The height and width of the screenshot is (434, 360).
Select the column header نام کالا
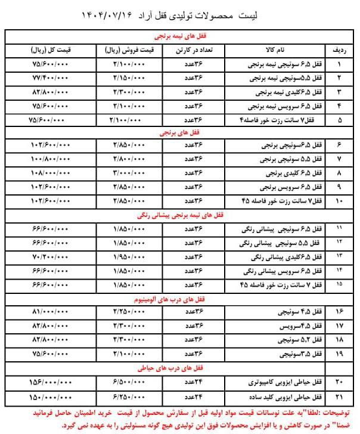(x=272, y=49)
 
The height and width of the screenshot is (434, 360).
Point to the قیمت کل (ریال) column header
(x=51, y=49)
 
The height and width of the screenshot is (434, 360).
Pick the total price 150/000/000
(x=51, y=395)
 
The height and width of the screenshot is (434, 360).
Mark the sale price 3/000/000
(x=128, y=173)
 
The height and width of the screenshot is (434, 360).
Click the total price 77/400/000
(x=51, y=77)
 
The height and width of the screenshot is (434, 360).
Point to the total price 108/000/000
(x=51, y=173)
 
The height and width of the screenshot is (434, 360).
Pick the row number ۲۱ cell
(x=340, y=395)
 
